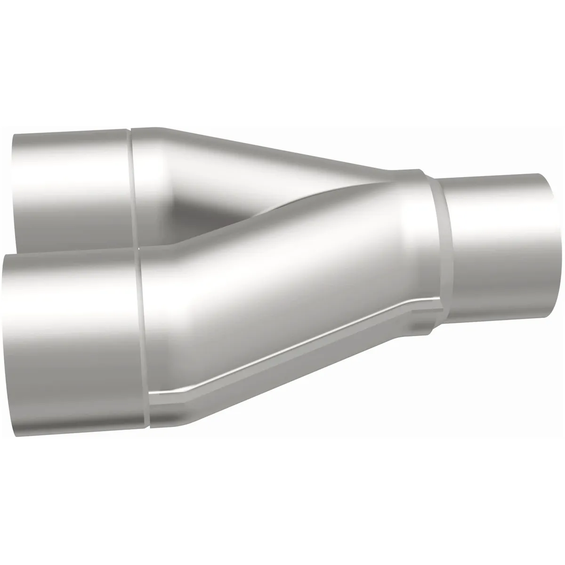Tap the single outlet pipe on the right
(499, 245)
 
